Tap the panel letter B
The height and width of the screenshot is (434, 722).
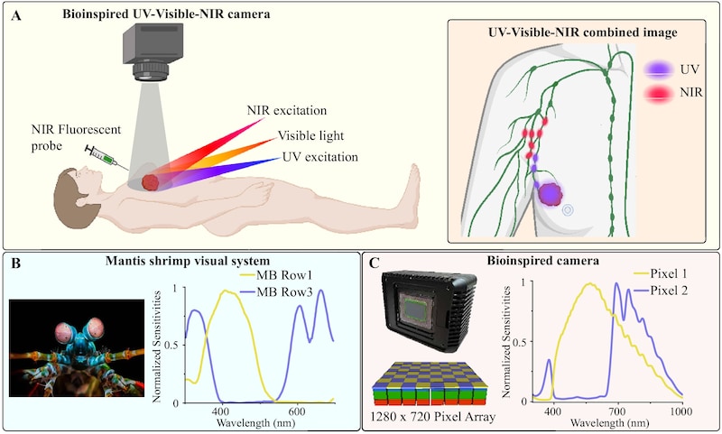coord(14,263)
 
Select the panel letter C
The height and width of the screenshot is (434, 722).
coord(373,263)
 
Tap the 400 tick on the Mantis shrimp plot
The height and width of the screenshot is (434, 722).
coord(221,412)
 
